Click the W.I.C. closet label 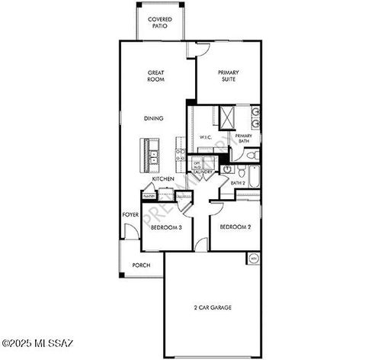205,137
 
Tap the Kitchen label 163,179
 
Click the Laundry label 203,172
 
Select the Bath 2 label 238,183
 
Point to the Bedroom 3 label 165,227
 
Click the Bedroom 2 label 235,227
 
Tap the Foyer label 130,215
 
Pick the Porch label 141,265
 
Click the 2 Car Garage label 212,307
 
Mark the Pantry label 149,196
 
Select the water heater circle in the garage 252,259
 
